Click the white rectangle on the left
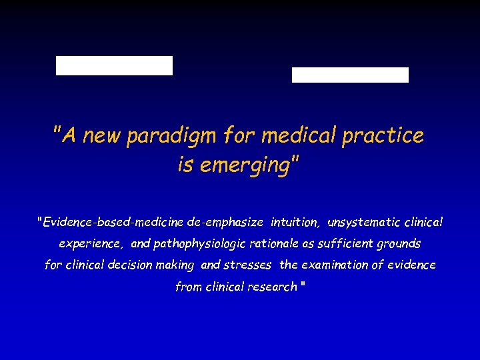(x=114, y=65)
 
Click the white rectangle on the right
(x=350, y=75)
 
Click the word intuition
(x=295, y=221)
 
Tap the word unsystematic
(x=364, y=221)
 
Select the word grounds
(x=400, y=243)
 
